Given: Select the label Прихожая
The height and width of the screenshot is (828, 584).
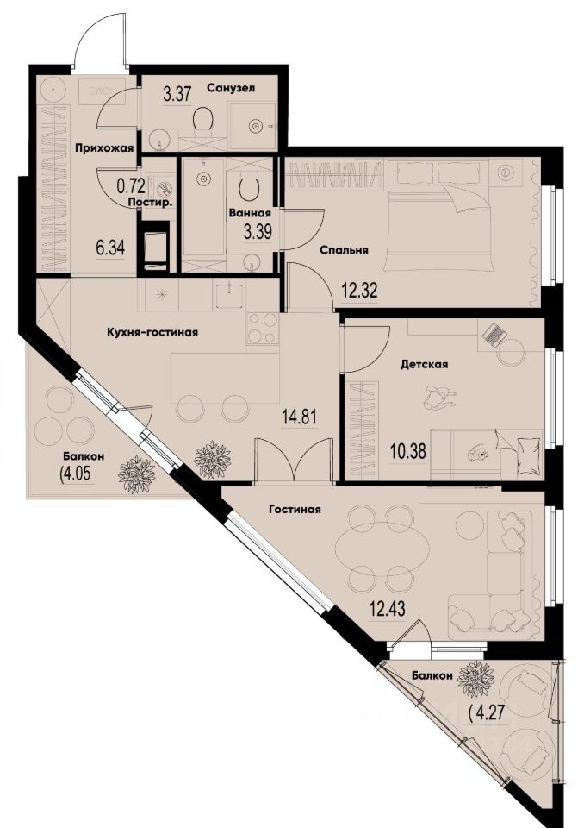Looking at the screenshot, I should [x=103, y=148].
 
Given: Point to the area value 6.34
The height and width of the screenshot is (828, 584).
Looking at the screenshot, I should [x=110, y=248].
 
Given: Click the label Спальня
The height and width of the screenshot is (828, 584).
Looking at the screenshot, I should [x=344, y=250].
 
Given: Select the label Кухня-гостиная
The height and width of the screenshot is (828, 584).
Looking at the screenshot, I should [x=147, y=331].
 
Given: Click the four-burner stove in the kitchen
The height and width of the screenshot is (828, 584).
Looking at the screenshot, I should [x=262, y=328].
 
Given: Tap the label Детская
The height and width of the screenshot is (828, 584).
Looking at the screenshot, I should [x=423, y=364].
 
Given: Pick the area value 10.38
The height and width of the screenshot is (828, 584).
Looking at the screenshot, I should [x=408, y=448].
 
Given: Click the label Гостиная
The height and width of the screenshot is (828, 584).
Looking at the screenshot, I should [x=294, y=509].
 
